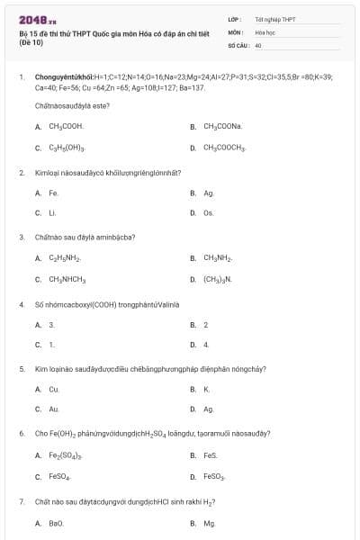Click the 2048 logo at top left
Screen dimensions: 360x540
(x=32, y=19)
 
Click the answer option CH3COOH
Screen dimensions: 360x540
(x=65, y=127)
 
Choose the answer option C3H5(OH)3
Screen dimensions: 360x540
(x=67, y=148)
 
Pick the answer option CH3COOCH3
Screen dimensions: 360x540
(x=224, y=148)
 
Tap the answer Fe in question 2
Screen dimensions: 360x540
(x=54, y=193)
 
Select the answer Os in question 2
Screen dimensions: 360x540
(x=208, y=213)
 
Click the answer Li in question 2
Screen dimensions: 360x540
(x=52, y=213)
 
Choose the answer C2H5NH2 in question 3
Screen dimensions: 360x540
(x=64, y=258)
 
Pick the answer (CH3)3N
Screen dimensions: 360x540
(x=217, y=279)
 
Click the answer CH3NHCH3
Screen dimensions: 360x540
(x=67, y=279)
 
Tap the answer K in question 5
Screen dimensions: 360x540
(x=206, y=389)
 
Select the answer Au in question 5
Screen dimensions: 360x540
(x=54, y=409)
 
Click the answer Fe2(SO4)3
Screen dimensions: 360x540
(x=66, y=455)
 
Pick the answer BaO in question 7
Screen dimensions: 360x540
(x=56, y=522)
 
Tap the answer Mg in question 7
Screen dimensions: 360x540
(x=210, y=522)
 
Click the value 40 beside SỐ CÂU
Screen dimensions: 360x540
(x=258, y=44)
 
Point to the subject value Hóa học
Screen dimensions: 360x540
(x=264, y=31)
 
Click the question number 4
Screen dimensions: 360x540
(x=22, y=304)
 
